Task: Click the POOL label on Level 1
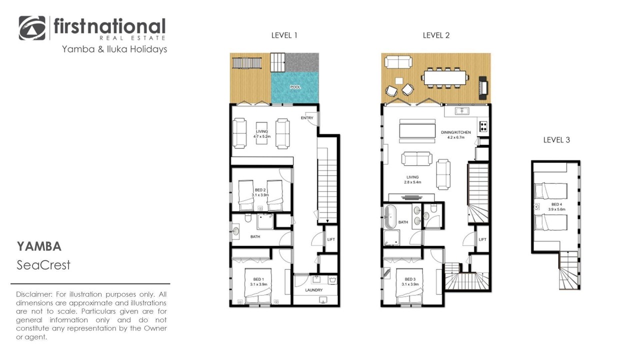point(295,87)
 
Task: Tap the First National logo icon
point(32,28)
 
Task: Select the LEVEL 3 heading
point(556,140)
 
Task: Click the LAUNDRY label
point(313,290)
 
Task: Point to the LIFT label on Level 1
point(331,239)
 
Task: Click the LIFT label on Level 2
point(482,239)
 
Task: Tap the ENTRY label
point(307,117)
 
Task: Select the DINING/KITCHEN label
point(455,132)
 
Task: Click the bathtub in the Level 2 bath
point(390,216)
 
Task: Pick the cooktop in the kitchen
point(483,126)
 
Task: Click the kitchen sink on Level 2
point(461,110)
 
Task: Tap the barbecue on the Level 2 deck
point(483,87)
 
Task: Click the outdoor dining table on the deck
point(445,77)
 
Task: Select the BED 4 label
point(556,204)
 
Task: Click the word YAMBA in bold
point(39,246)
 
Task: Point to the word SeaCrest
point(43,265)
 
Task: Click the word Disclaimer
point(34,294)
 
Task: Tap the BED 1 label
point(258,279)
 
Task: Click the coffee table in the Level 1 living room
point(261,133)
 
